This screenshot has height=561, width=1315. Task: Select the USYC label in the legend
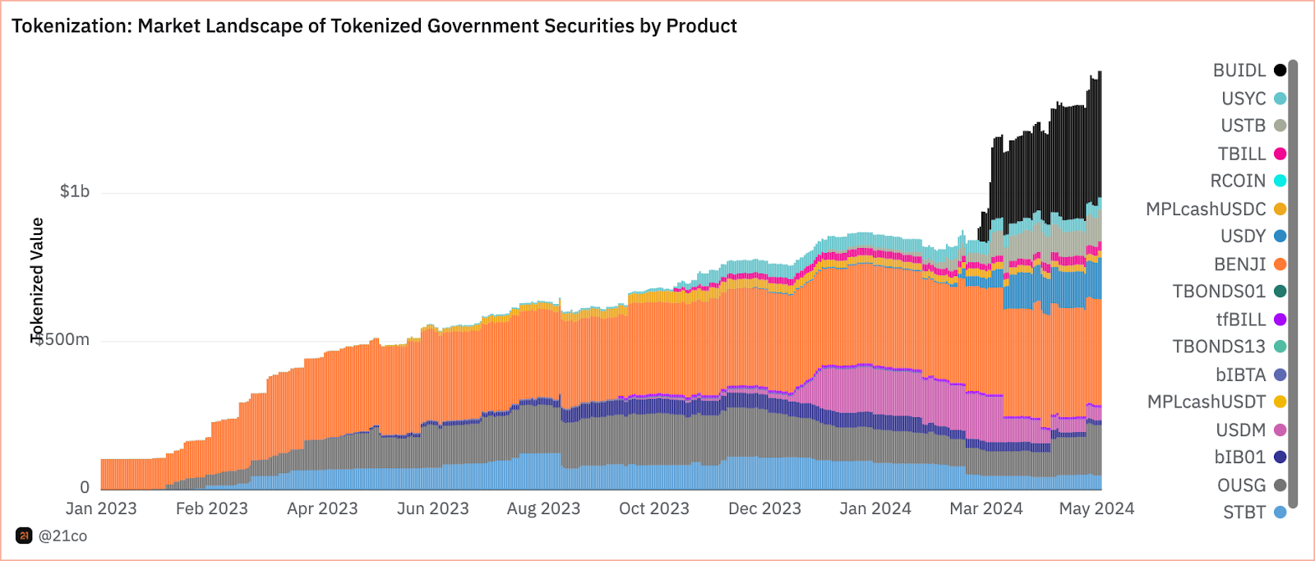pyautogui.click(x=1243, y=99)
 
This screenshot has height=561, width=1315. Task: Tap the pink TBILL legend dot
pyautogui.click(x=1280, y=154)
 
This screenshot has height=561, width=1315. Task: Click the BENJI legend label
pyautogui.click(x=1239, y=264)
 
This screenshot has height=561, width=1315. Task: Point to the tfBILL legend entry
pyautogui.click(x=1240, y=320)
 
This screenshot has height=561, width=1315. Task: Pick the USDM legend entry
pyautogui.click(x=1240, y=430)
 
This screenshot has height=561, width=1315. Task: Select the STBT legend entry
pyautogui.click(x=1244, y=513)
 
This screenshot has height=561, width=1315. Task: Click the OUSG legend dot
pyautogui.click(x=1280, y=485)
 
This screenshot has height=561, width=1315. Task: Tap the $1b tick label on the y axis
pyautogui.click(x=74, y=191)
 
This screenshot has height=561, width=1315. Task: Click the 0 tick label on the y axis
pyautogui.click(x=85, y=488)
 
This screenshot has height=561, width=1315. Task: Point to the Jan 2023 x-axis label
pyautogui.click(x=101, y=508)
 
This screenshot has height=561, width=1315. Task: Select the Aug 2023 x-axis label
pyautogui.click(x=543, y=508)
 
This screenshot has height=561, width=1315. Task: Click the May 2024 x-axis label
pyautogui.click(x=1096, y=508)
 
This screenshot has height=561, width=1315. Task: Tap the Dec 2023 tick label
pyautogui.click(x=764, y=508)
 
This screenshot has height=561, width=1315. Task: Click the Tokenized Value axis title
pyautogui.click(x=37, y=279)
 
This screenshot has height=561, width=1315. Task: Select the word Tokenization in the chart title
pyautogui.click(x=70, y=26)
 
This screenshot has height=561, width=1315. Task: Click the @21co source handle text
pyautogui.click(x=62, y=536)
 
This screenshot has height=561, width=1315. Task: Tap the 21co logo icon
pyautogui.click(x=24, y=536)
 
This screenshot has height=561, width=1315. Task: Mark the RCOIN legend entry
pyautogui.click(x=1238, y=181)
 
